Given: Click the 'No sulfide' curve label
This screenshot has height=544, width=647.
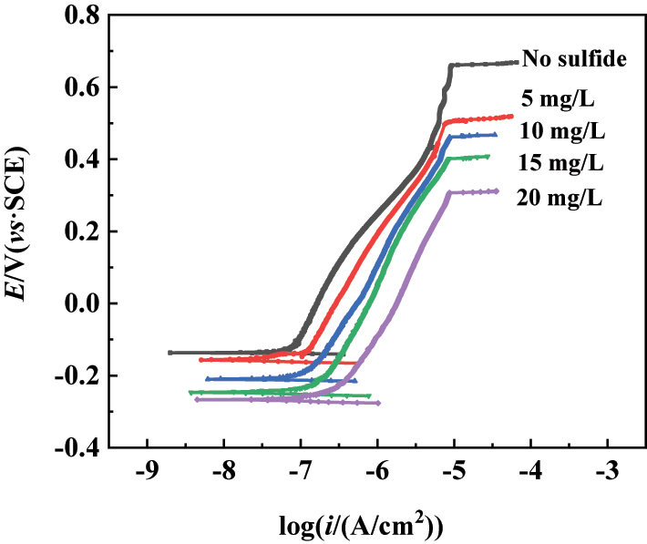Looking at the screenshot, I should [x=576, y=60].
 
